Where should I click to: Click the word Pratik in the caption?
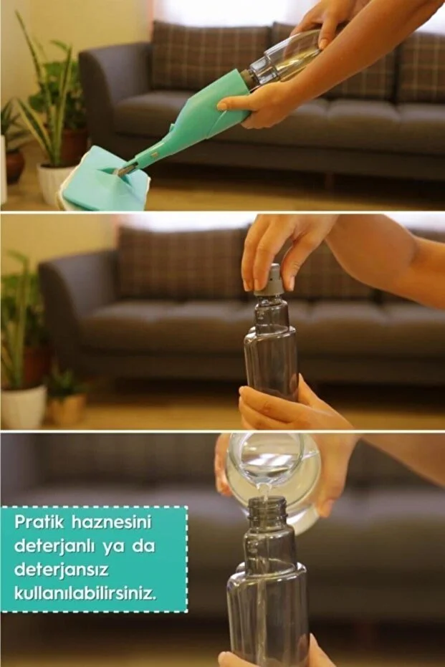(38, 522)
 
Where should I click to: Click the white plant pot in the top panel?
(52, 182)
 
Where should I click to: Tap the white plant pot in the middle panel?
(23, 405)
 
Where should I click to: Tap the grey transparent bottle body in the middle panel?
(271, 351)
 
